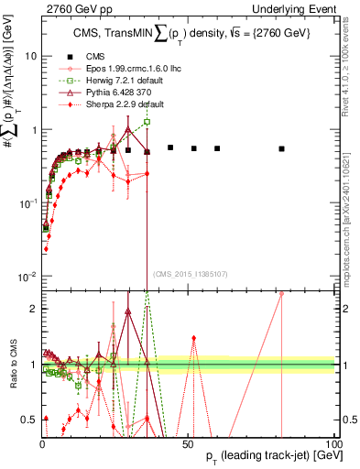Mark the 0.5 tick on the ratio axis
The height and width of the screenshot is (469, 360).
(x=29, y=420)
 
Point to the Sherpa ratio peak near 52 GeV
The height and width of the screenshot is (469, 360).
(x=193, y=338)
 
